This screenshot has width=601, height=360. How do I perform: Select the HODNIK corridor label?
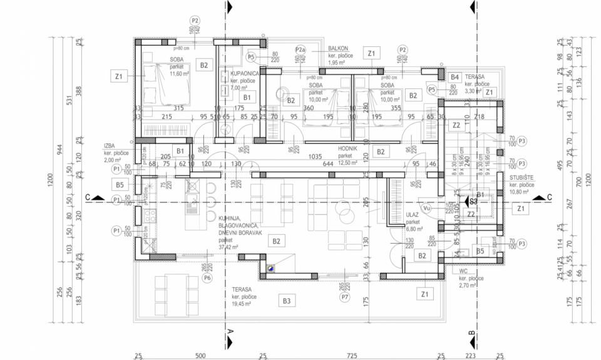coord(347,149)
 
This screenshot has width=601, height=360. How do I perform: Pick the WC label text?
coord(464,272)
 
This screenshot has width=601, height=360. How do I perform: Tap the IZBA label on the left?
coord(112,145)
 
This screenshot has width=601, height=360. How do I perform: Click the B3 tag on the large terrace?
coord(287,301)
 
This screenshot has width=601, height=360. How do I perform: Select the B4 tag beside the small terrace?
coord(455,77)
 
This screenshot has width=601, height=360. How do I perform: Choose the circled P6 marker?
coord(207,278)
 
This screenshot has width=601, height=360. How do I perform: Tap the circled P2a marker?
coord(300,49)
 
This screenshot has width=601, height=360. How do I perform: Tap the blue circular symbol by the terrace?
coord(270,268)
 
